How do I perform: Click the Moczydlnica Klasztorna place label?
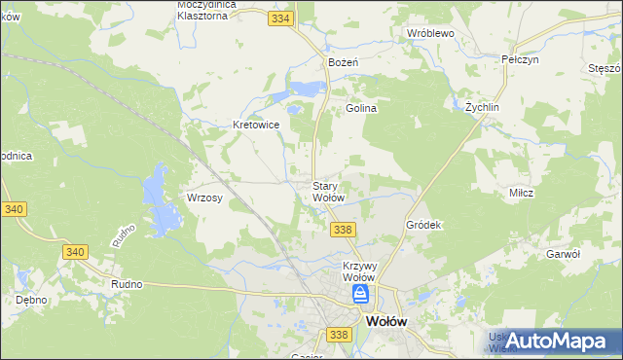[x=216, y=10]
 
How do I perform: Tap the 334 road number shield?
[x=282, y=18]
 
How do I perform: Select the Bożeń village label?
[x=344, y=62]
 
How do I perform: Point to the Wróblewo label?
[x=431, y=32]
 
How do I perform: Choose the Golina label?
[x=360, y=109]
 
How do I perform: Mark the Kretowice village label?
[x=257, y=125]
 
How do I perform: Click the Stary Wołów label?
[x=328, y=192]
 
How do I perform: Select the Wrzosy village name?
[x=205, y=198]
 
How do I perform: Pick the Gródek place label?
[x=423, y=225]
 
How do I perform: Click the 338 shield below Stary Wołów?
[x=341, y=230]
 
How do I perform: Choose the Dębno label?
[x=33, y=300]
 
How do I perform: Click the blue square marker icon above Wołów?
[x=361, y=293]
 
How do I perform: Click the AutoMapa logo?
[x=552, y=340]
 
